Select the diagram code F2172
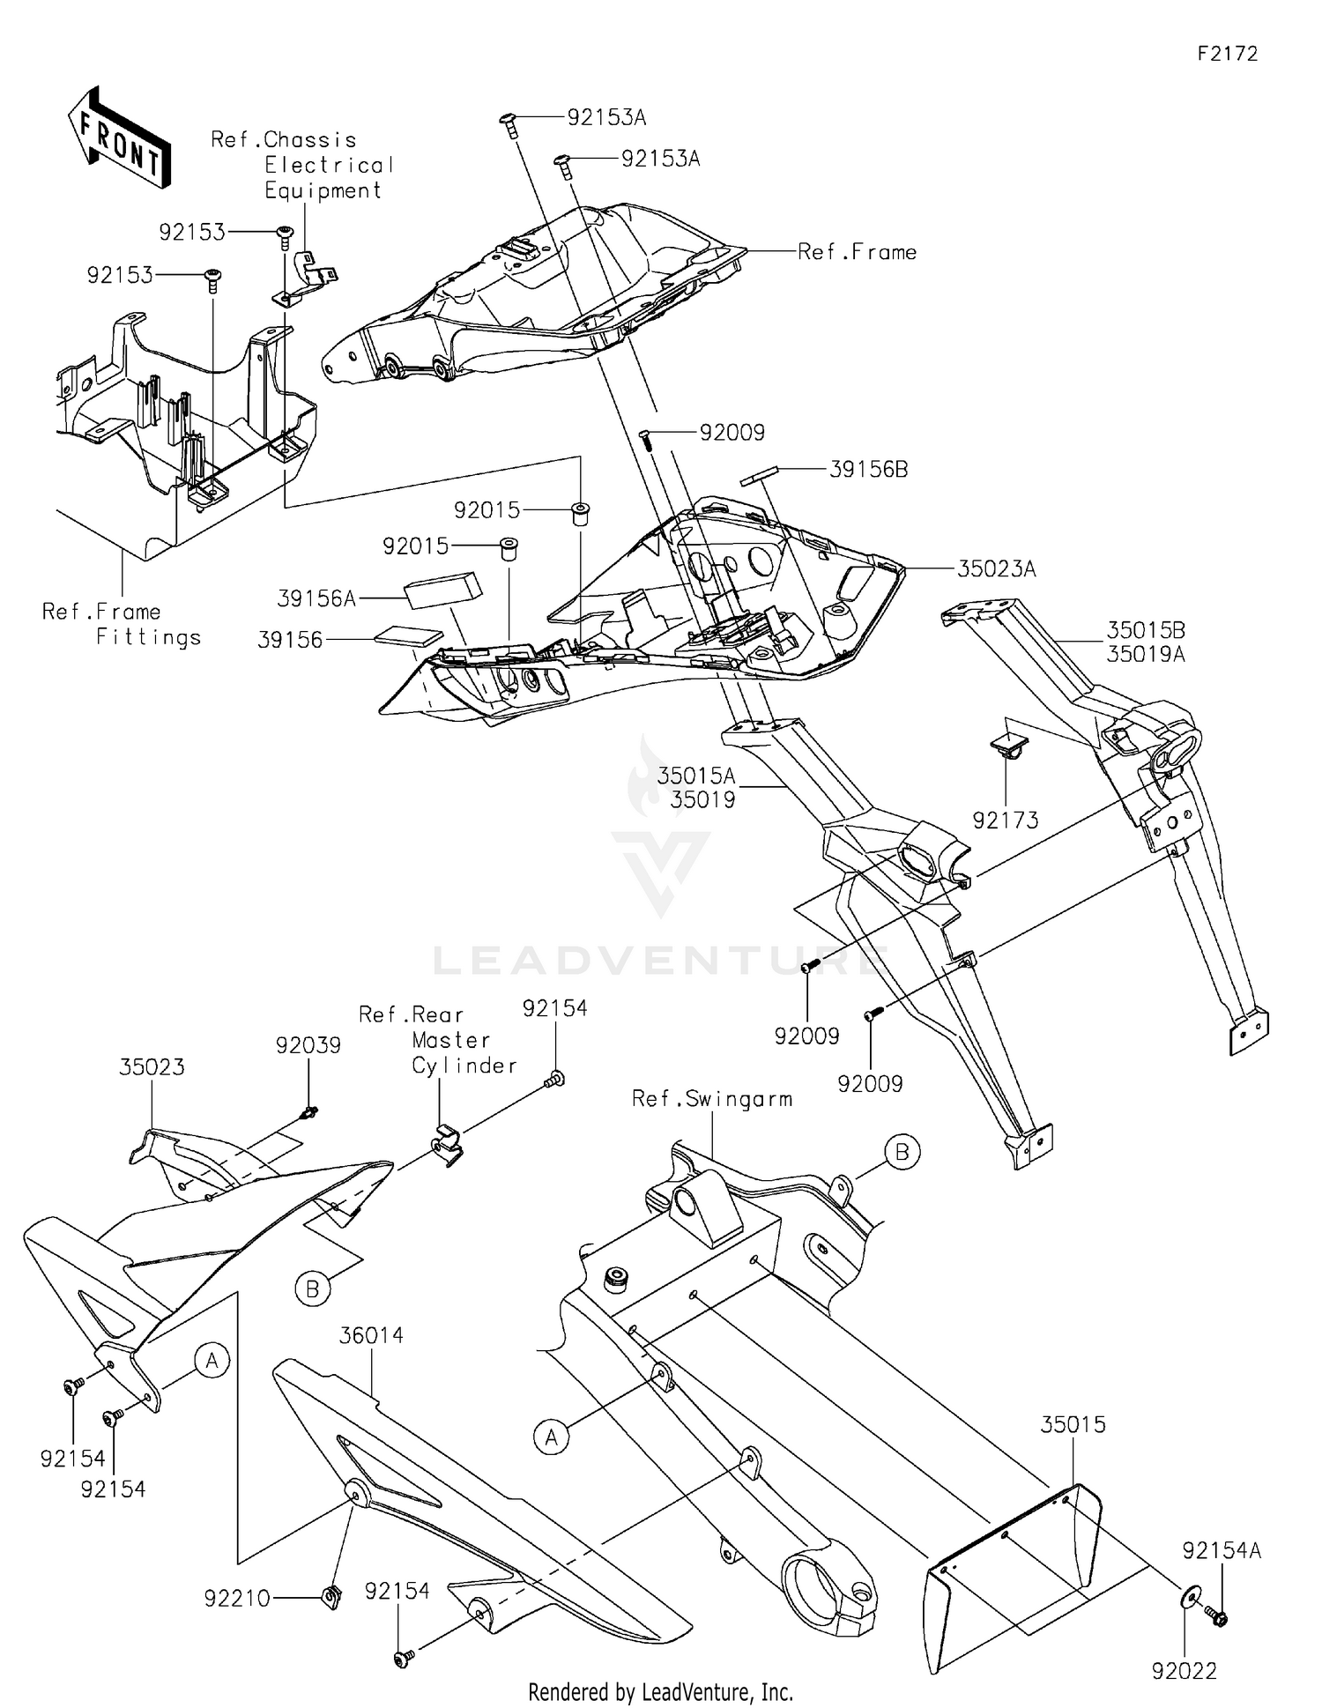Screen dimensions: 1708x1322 [x=1227, y=54]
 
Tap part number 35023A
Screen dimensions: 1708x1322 [x=996, y=569]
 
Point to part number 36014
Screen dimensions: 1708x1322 [x=371, y=1336]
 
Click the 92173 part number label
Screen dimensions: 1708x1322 [x=1005, y=820]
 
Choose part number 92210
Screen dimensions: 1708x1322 [x=237, y=1598]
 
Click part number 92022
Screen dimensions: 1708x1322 [x=1184, y=1671]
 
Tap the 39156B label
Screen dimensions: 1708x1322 [x=868, y=470]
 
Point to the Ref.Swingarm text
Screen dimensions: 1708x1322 [x=712, y=1099]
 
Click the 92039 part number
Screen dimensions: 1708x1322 [x=308, y=1045]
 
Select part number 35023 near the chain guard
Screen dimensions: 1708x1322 [x=152, y=1067]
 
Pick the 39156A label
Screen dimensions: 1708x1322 [x=316, y=599]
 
